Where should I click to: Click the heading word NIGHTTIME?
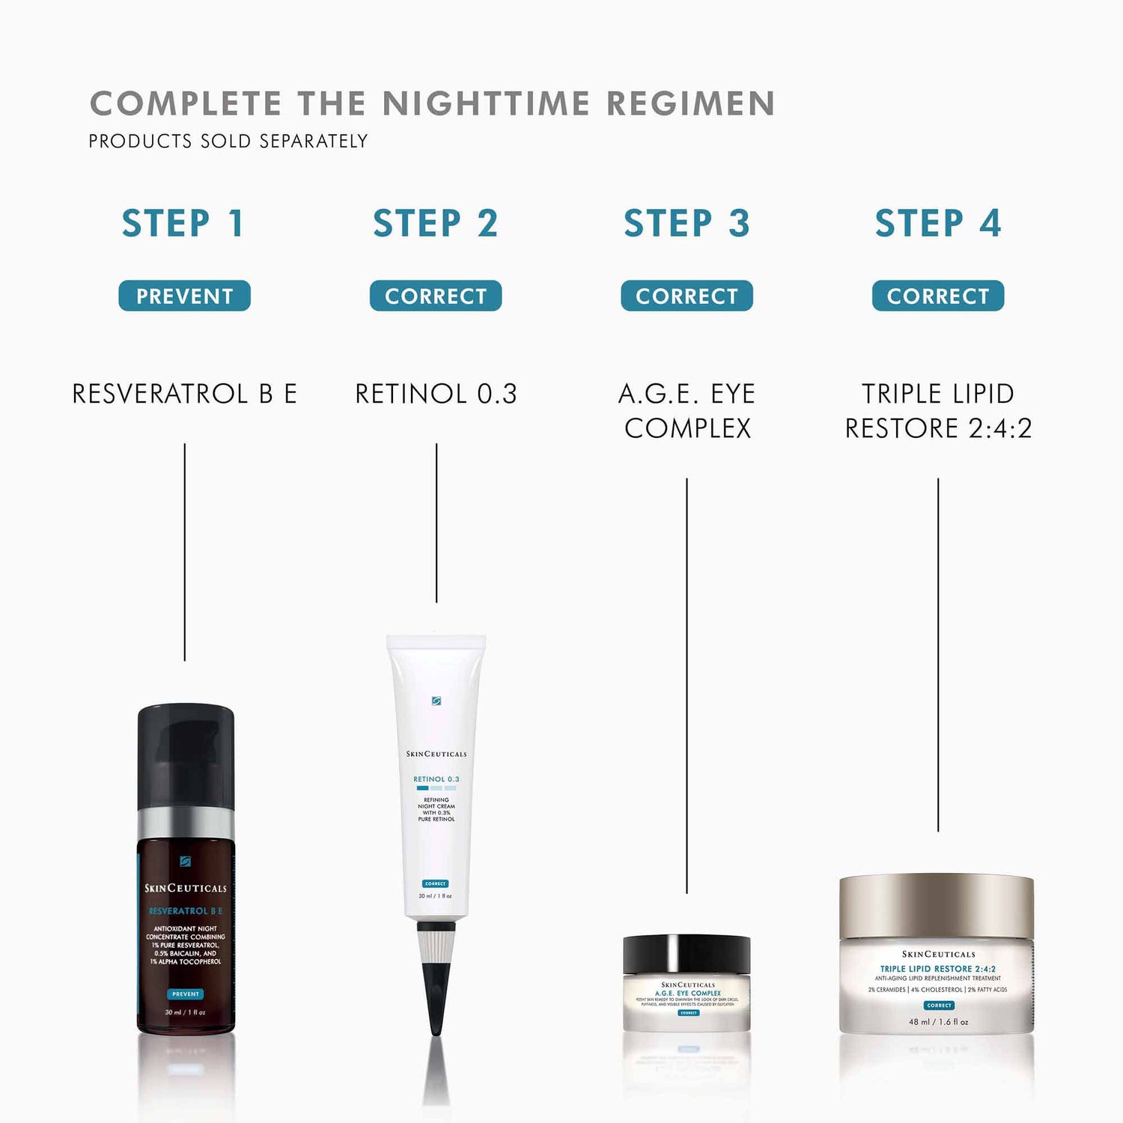pyautogui.click(x=486, y=104)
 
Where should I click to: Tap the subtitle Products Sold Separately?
pyautogui.click(x=228, y=141)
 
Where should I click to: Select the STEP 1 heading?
pyautogui.click(x=183, y=223)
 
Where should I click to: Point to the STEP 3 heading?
pyautogui.click(x=687, y=223)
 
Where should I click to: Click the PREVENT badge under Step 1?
pyautogui.click(x=184, y=296)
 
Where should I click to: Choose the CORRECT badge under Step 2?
pyautogui.click(x=436, y=296)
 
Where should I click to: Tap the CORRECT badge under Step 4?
pyautogui.click(x=938, y=296)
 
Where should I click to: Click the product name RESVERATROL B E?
pyautogui.click(x=184, y=394)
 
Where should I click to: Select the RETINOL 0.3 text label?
pyautogui.click(x=436, y=394)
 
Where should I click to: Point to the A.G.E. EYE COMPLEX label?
pyautogui.click(x=687, y=411)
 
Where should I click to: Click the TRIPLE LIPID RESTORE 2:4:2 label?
pyautogui.click(x=938, y=411)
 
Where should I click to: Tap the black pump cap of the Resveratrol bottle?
pyautogui.click(x=186, y=756)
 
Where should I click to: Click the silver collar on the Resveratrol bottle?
pyautogui.click(x=186, y=822)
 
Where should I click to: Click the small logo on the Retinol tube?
pyautogui.click(x=436, y=701)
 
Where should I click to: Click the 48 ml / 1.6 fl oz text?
pyautogui.click(x=938, y=1021)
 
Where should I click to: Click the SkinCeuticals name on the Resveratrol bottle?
pyautogui.click(x=186, y=888)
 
